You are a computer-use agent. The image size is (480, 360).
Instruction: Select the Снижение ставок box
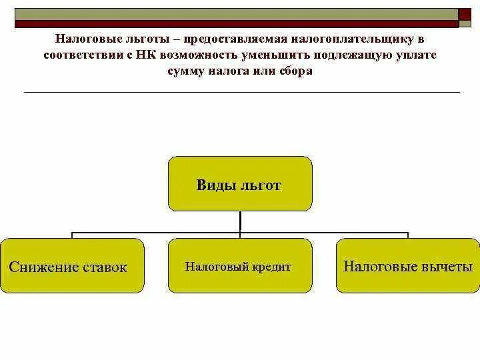coord(72,266)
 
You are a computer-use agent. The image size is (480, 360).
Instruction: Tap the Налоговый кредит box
coord(239,266)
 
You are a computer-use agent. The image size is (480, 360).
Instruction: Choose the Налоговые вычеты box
coord(407,266)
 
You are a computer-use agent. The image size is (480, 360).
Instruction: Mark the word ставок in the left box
coord(104,267)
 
